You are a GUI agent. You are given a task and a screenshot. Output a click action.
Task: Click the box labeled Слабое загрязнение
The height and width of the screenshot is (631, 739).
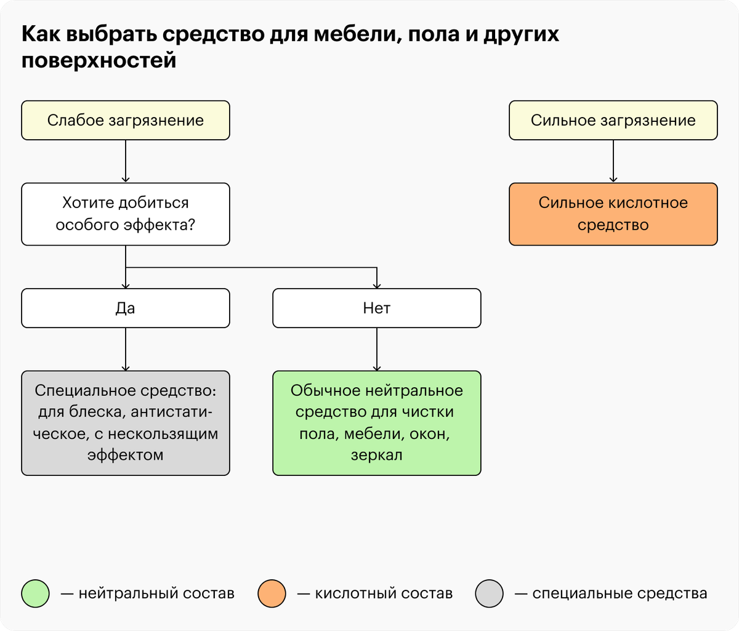point(126,121)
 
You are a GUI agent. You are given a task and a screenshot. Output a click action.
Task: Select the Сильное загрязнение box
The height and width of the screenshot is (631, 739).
point(613,121)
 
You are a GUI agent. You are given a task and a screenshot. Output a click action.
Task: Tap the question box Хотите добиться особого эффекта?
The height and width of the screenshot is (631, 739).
point(126,214)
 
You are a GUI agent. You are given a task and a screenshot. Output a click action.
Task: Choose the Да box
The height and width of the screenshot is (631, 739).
point(126,308)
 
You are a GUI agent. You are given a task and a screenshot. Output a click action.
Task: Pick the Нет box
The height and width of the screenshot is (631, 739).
point(377,308)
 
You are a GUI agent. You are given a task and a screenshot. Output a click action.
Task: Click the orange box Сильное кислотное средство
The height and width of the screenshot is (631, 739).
point(613,214)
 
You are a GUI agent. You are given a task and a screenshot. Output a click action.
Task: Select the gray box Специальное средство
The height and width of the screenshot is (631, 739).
point(126,423)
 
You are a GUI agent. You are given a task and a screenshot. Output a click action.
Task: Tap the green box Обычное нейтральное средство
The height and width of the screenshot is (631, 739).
point(377,423)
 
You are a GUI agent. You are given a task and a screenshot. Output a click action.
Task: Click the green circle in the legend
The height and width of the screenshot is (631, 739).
point(35,593)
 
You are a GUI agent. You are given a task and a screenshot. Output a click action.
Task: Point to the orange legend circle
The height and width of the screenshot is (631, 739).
point(272,593)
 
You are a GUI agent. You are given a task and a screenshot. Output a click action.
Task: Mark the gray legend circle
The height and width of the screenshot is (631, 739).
point(489,593)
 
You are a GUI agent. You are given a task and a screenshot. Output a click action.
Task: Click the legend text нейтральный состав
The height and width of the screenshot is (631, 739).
point(156,593)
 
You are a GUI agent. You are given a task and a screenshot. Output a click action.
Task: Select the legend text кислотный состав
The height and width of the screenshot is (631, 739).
point(384,593)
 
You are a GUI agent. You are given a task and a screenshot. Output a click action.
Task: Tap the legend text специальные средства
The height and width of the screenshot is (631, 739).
point(620,593)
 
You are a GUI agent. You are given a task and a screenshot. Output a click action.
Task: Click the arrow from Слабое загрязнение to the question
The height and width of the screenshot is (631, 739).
point(126,161)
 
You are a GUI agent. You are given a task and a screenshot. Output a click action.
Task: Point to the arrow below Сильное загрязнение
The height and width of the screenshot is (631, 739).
point(613,161)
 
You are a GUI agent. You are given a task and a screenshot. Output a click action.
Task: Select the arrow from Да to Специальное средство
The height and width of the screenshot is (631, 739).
point(126,349)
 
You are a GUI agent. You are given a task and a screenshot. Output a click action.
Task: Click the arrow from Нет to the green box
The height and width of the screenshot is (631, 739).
point(377,349)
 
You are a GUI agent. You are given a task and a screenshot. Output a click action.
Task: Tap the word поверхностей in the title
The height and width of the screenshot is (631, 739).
point(99,61)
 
